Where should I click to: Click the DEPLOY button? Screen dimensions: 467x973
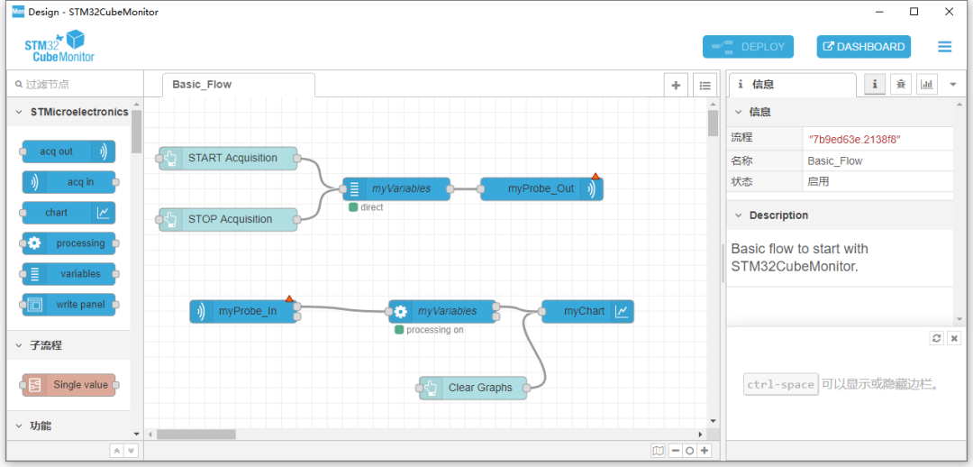748,47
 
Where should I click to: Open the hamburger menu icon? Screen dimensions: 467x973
944,47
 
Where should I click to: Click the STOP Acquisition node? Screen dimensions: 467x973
229,219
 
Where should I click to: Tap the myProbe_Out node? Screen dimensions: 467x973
541,188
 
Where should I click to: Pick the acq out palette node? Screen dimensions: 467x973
68,151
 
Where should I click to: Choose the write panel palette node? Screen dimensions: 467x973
68,305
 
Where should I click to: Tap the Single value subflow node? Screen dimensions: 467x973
69,385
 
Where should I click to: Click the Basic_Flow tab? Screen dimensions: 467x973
202,85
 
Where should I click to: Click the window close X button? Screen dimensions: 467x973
948,12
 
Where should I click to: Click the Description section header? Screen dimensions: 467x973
778,215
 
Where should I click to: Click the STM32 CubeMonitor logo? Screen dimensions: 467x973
59,46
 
